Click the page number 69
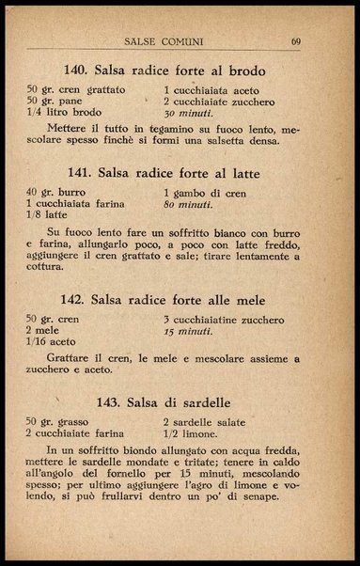point(295,41)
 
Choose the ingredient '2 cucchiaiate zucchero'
point(212,100)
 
